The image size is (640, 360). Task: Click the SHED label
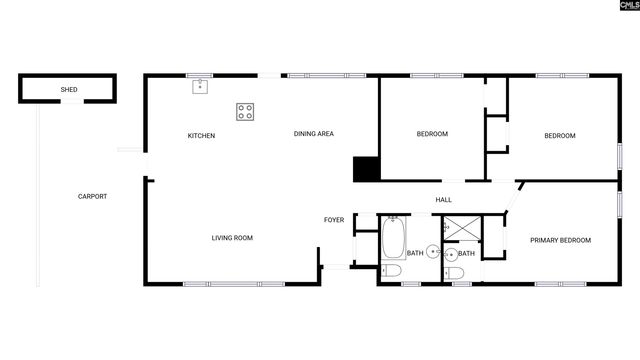[x=69, y=90]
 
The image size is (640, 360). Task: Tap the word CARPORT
[x=92, y=196]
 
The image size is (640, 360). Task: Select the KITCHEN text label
[x=202, y=136]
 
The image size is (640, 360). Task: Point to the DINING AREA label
[x=313, y=134]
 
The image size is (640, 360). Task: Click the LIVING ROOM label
[x=232, y=238]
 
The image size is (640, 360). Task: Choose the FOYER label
[x=333, y=220]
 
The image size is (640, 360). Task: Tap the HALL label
[x=443, y=200]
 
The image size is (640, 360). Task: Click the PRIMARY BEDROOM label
[x=560, y=240]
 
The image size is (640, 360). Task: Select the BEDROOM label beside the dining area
[x=432, y=134]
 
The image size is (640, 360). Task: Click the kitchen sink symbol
[x=199, y=86]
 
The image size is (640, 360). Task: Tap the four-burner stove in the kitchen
[x=245, y=111]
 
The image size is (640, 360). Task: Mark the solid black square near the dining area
[x=366, y=169]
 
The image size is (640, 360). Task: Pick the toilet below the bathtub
[x=391, y=270]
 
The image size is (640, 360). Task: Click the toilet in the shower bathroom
[x=455, y=272]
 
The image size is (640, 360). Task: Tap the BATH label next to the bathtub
[x=414, y=253]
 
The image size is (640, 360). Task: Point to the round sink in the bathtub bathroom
[x=432, y=252]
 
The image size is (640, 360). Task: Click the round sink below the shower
[x=450, y=253]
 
